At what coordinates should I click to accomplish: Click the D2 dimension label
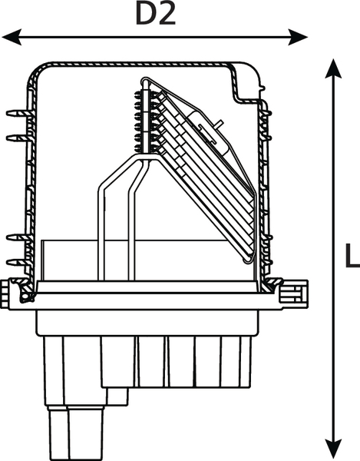pos(156,14)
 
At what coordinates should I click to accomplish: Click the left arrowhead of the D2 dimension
pos(12,37)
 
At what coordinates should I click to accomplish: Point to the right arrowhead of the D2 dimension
pos(298,37)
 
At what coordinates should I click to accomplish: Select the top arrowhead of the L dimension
pos(333,68)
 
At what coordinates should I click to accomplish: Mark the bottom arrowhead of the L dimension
pos(333,449)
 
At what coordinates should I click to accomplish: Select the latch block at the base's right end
pos(294,294)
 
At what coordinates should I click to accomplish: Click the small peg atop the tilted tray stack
pos(219,123)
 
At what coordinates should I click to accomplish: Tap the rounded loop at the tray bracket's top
pos(145,81)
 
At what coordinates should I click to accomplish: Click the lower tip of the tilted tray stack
pos(246,260)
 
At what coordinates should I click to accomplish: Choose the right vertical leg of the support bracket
pos(131,235)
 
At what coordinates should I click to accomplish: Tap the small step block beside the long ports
pos(117,397)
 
